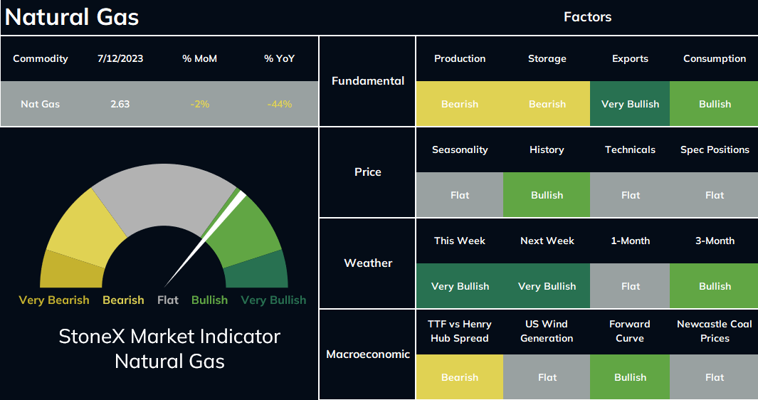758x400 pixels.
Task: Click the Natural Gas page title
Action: [72, 17]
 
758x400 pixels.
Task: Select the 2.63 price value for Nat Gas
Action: [120, 104]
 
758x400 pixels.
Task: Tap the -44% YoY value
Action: [280, 104]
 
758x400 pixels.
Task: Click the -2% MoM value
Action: [200, 104]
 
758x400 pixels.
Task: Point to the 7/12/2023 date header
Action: [120, 58]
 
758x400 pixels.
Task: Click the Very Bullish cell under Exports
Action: [630, 104]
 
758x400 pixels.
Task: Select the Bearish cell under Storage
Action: [547, 104]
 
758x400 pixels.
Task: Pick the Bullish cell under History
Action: [547, 195]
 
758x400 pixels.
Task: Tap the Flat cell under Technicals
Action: [630, 195]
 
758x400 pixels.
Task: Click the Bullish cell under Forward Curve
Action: [630, 377]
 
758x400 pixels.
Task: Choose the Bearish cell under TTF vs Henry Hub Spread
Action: [459, 377]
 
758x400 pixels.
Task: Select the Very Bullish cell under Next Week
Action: [547, 286]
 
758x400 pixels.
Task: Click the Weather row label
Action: [368, 263]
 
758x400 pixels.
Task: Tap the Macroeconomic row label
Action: [368, 354]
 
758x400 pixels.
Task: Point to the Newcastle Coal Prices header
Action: [715, 332]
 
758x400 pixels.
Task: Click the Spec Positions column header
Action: [715, 150]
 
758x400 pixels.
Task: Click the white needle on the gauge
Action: [205, 239]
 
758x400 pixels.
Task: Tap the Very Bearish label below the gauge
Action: [54, 300]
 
